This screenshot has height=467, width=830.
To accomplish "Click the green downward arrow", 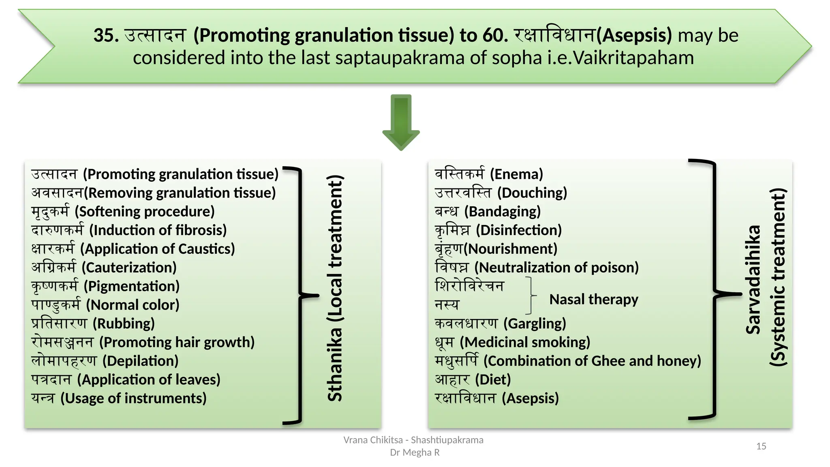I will pyautogui.click(x=401, y=122).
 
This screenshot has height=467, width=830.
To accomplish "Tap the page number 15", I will pyautogui.click(x=761, y=446).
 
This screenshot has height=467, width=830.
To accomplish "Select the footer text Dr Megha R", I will pyautogui.click(x=415, y=452).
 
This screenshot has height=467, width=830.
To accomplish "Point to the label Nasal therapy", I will pyautogui.click(x=594, y=300).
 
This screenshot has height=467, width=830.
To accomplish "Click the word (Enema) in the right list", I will pyautogui.click(x=516, y=174).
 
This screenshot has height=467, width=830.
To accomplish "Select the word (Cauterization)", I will pyautogui.click(x=129, y=268).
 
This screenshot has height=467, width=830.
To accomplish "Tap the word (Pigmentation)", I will pyautogui.click(x=132, y=286).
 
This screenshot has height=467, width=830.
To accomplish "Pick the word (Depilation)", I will pyautogui.click(x=140, y=361).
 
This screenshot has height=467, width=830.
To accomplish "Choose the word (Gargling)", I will pyautogui.click(x=535, y=323).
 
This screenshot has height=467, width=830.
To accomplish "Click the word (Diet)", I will pyautogui.click(x=493, y=379).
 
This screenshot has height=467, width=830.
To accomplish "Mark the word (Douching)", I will pyautogui.click(x=532, y=193).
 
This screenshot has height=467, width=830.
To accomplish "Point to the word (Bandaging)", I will pyautogui.click(x=503, y=212).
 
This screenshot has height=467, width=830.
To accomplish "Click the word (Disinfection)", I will pyautogui.click(x=519, y=230).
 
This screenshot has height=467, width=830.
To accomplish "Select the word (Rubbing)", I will pyautogui.click(x=124, y=323).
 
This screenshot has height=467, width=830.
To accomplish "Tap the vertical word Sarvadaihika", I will pyautogui.click(x=753, y=280).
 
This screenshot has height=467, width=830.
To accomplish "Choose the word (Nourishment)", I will pyautogui.click(x=511, y=249).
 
